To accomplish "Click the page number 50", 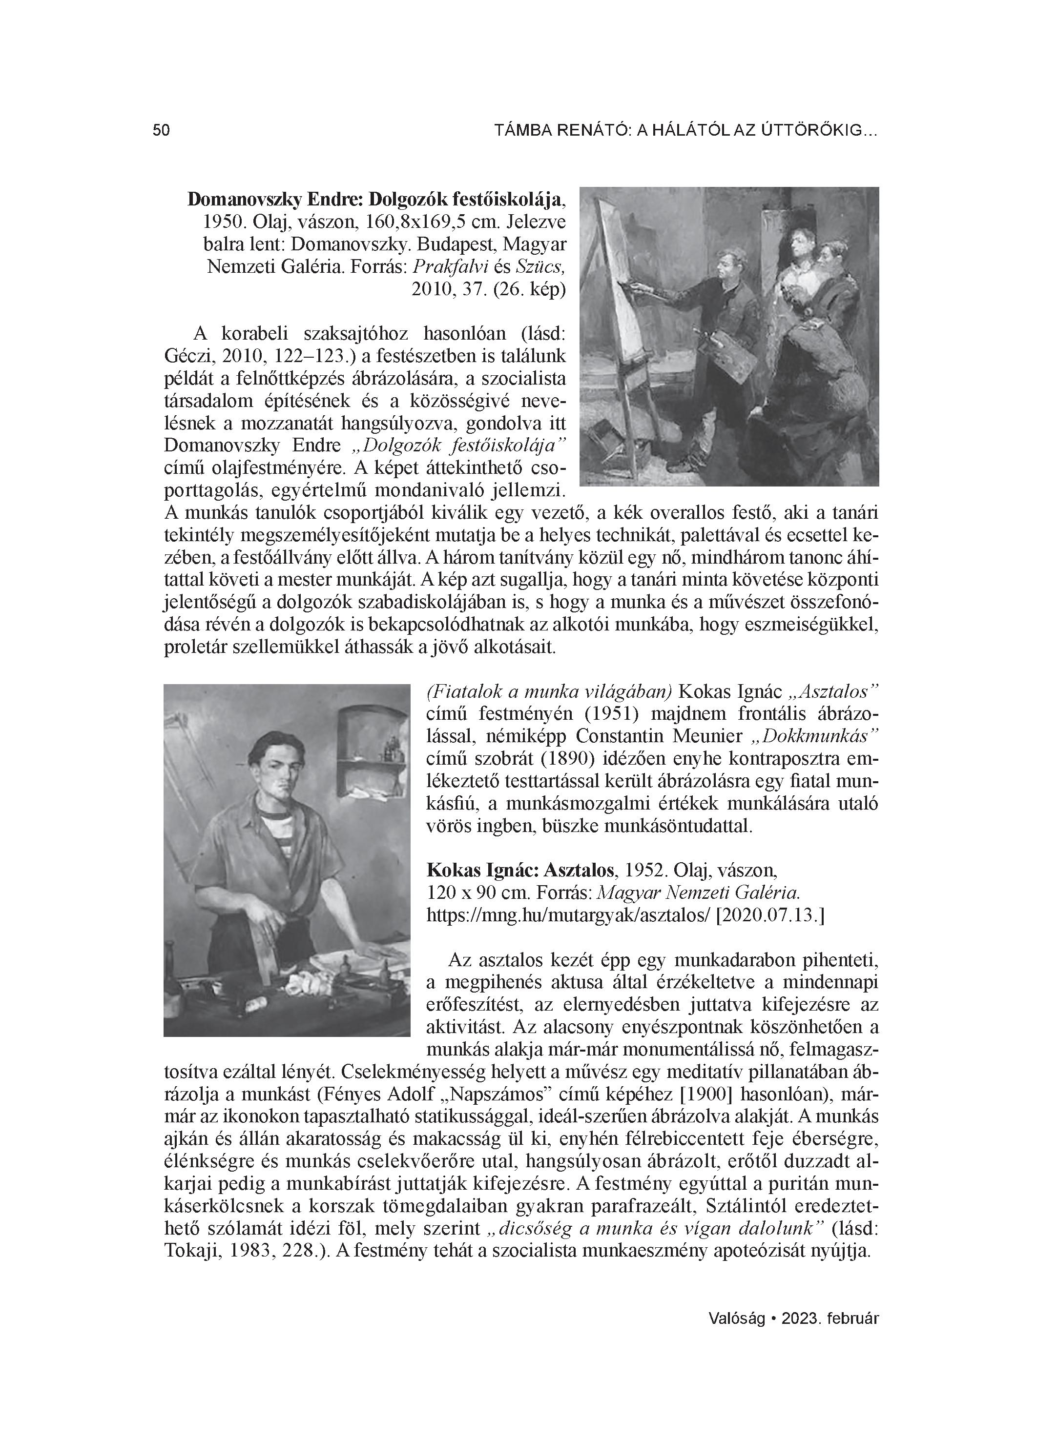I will [x=162, y=131].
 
